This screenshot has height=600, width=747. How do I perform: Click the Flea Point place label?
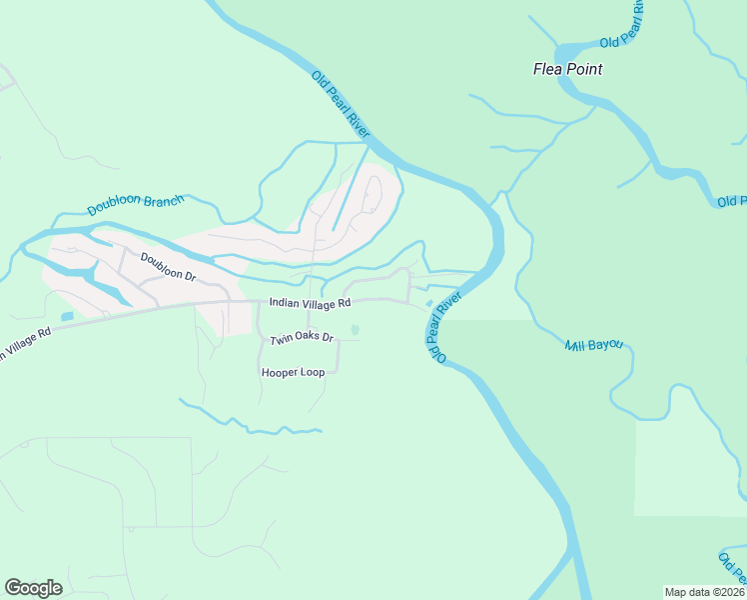point(567,69)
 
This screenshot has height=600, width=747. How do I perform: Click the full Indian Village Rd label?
point(310,302)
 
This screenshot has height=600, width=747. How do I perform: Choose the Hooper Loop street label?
point(293,372)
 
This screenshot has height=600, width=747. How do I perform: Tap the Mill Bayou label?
point(593,345)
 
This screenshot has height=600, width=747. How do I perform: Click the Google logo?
point(33,588)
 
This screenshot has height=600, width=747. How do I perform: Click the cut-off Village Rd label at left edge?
point(24,343)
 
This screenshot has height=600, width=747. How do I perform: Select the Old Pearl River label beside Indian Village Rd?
point(445,326)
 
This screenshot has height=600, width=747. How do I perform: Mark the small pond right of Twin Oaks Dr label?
point(356,331)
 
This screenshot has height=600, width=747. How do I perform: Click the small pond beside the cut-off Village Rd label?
point(67,317)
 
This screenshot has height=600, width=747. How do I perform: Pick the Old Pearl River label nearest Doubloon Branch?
point(341,105)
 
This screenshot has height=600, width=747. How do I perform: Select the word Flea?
point(547,69)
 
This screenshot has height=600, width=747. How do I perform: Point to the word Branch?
point(163,201)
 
